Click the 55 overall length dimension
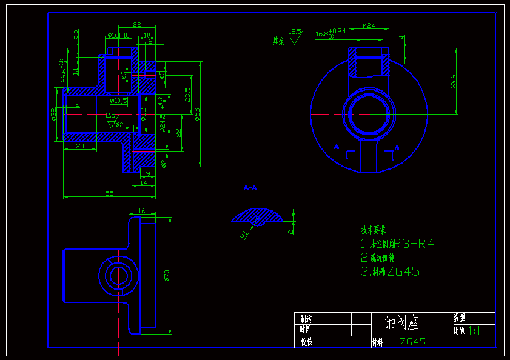(110, 193)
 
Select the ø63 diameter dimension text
(198, 113)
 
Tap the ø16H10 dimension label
(118, 36)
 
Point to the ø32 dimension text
(53, 113)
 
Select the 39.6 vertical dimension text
(453, 81)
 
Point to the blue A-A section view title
(250, 188)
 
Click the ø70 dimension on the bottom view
(167, 276)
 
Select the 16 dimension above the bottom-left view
(142, 211)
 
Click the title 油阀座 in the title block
(401, 322)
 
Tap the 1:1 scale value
(475, 331)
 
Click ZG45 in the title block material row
(412, 342)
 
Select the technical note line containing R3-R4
(397, 244)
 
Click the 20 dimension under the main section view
(79, 146)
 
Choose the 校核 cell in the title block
(306, 342)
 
